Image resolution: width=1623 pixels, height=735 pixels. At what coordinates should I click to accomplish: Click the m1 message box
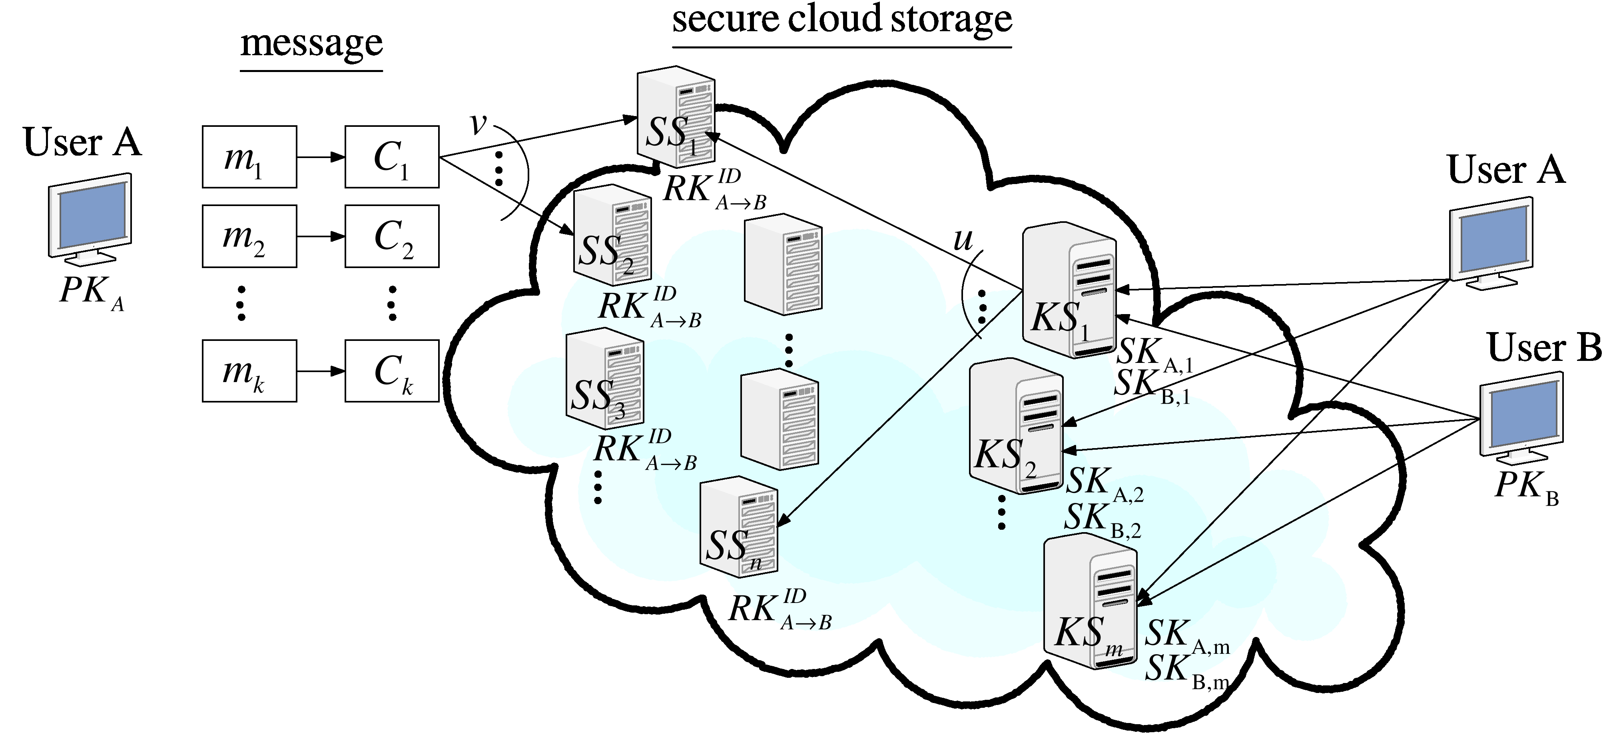pos(249,157)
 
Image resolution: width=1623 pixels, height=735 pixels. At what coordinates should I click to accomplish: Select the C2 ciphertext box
pos(392,236)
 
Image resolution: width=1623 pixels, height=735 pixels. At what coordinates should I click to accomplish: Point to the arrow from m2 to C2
pos(321,237)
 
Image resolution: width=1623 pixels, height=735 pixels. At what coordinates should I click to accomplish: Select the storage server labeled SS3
pos(605,379)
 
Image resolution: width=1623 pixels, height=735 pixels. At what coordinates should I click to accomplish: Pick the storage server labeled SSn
pos(738,527)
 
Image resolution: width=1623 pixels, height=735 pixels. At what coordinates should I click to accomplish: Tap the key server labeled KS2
pos(1016,426)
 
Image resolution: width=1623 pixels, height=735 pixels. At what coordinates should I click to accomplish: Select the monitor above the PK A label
pos(90,218)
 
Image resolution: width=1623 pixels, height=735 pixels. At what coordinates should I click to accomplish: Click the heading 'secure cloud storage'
pos(842,20)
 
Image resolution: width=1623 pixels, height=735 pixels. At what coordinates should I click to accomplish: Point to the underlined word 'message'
pos(311,44)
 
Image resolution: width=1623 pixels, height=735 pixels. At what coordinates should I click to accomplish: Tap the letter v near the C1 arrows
pos(479,124)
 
